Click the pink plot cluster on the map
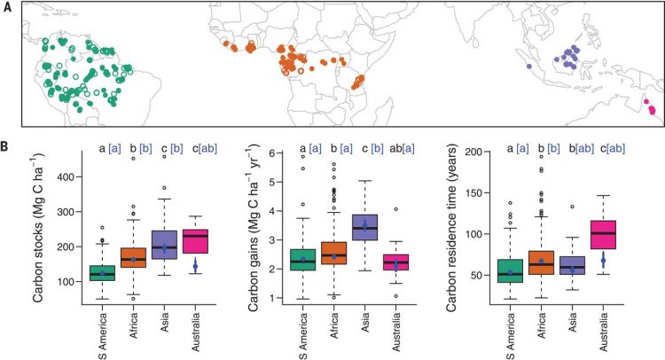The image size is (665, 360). (650, 109)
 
